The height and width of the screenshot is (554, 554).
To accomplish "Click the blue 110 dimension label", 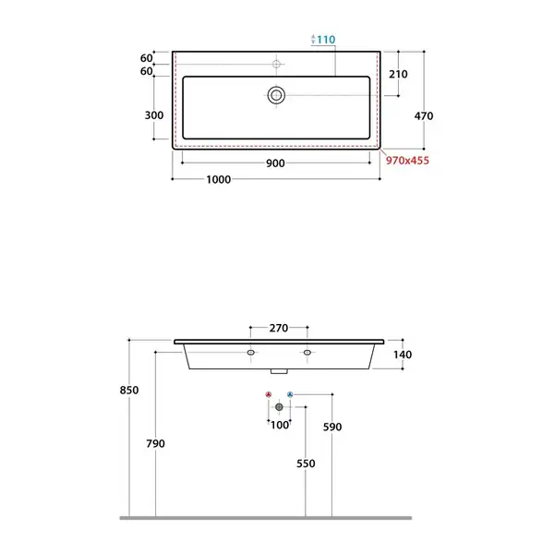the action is point(326,40).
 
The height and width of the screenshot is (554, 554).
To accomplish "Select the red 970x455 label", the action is point(407,161).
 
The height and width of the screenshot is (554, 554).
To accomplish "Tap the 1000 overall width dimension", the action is point(218,179).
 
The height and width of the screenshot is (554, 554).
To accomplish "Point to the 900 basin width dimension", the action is point(275,163).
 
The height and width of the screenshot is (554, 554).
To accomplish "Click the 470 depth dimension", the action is point(424,116).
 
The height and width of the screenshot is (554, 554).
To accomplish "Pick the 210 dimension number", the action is point(398,74).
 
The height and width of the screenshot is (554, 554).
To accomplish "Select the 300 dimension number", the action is point(154,115).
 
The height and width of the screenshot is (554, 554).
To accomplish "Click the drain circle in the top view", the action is point(276,95).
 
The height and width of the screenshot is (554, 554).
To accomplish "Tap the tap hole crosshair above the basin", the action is point(276,64).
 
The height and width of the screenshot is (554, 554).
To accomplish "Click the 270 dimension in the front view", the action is point(279,328).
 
